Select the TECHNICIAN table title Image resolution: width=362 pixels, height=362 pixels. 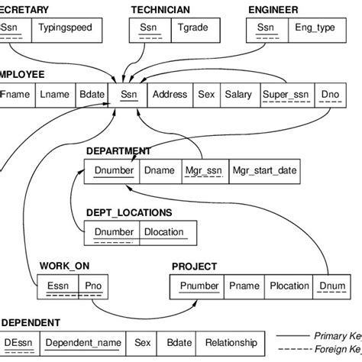pyautogui.click(x=160, y=9)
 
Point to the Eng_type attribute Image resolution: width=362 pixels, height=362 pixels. pyautogui.click(x=315, y=27)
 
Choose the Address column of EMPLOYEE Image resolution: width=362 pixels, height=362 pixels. pyautogui.click(x=169, y=95)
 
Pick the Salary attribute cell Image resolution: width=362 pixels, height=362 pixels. pyautogui.click(x=238, y=95)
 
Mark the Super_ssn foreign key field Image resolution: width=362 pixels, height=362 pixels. pyautogui.click(x=285, y=95)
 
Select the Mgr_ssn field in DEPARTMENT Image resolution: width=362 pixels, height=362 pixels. pyautogui.click(x=202, y=170)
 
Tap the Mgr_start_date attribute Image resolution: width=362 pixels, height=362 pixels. pyautogui.click(x=264, y=170)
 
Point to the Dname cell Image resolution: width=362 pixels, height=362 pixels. pyautogui.click(x=160, y=170)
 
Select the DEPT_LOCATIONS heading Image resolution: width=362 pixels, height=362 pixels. pyautogui.click(x=128, y=212)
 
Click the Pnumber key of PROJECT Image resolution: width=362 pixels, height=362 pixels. pyautogui.click(x=199, y=286)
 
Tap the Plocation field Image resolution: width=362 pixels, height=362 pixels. pyautogui.click(x=289, y=286)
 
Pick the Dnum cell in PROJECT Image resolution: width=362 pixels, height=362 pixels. pyautogui.click(x=332, y=286)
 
